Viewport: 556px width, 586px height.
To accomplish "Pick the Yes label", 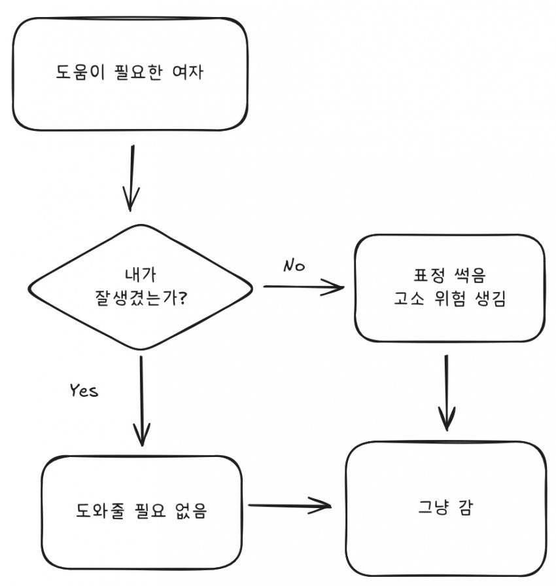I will pos(84,391).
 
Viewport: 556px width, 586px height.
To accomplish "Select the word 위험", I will pos(444,300).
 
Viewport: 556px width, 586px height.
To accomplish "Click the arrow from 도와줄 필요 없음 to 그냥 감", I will pos(290,505).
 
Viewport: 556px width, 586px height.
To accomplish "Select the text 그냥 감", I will pos(445,508).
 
